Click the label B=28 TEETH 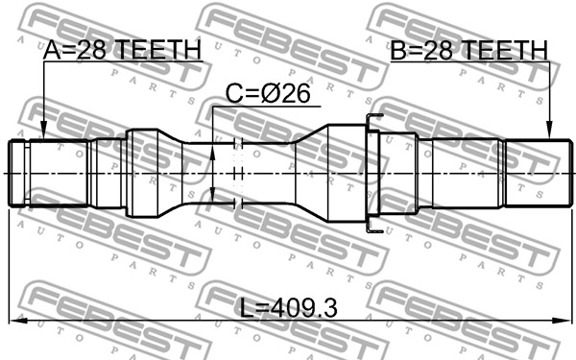click(x=468, y=50)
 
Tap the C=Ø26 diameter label click(x=268, y=94)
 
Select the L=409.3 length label click(x=288, y=308)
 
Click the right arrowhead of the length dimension click(x=563, y=321)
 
